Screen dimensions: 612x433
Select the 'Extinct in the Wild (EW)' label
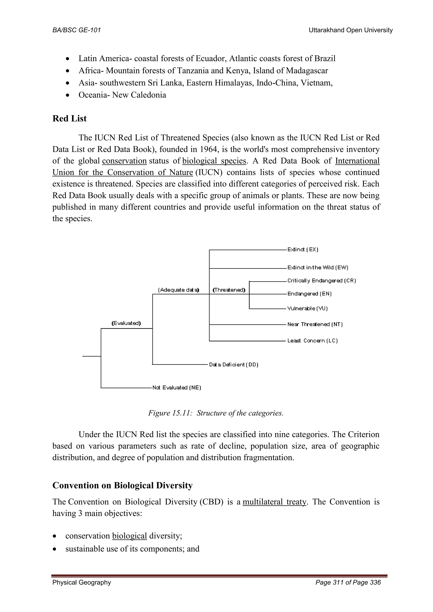[318, 268]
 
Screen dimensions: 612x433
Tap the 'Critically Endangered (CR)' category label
[322, 281]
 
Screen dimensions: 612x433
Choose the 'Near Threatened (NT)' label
[315, 324]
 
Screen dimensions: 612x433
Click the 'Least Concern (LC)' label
[312, 341]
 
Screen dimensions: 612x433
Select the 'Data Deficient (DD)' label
[234, 364]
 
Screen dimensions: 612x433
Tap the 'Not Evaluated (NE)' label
[177, 388]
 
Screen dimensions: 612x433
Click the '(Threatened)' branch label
[229, 290]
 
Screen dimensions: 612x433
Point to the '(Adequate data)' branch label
[179, 290]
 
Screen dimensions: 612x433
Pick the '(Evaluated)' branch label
[126, 323]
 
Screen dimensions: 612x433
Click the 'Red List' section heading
[69, 118]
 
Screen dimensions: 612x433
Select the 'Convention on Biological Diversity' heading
[122, 485]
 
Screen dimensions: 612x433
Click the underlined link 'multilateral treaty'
[274, 502]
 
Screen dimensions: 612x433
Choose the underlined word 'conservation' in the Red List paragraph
[124, 161]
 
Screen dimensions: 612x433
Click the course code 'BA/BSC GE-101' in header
[77, 30]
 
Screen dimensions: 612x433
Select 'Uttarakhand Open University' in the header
[351, 30]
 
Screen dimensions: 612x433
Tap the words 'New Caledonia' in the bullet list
[139, 95]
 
